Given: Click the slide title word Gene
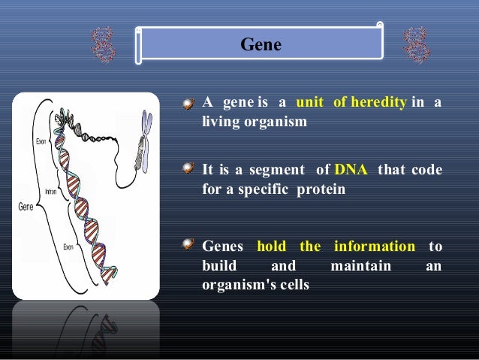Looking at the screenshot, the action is click(x=261, y=46).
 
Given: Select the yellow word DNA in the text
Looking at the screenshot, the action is click(x=351, y=170).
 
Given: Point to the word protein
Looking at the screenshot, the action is click(x=321, y=189).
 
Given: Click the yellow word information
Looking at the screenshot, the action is click(x=375, y=247).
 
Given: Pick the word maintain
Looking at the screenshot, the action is click(x=360, y=266).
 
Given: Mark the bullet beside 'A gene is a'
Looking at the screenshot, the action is click(x=191, y=104).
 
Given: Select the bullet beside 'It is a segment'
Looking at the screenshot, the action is click(x=191, y=171).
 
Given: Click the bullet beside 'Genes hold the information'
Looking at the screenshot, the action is click(x=191, y=247).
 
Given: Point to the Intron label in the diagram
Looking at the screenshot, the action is click(x=52, y=192).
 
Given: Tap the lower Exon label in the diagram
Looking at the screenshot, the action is click(x=68, y=246).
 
